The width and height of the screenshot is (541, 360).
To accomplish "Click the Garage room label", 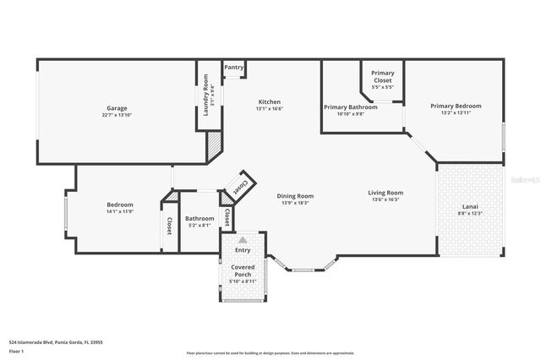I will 117,108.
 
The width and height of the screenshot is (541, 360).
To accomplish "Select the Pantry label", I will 234,67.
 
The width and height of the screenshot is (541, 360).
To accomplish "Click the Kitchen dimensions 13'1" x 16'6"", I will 269,109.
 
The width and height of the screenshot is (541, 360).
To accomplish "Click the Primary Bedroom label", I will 456,106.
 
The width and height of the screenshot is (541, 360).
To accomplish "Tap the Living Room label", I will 385,193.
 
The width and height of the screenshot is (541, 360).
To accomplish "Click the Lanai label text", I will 469,207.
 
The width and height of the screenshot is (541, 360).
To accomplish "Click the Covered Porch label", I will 243,270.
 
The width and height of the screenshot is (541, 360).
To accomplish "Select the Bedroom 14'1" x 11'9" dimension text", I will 119,212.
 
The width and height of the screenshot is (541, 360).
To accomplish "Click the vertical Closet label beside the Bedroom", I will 169,226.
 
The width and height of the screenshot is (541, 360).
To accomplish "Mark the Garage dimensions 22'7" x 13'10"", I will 117,115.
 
